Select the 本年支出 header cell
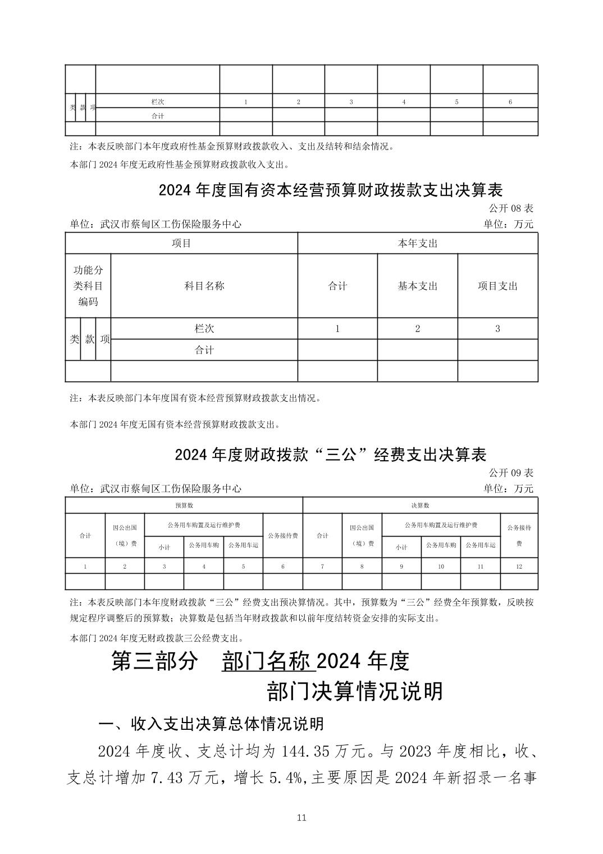tap(417, 243)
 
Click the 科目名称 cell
tap(204, 285)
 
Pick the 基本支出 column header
tap(417, 285)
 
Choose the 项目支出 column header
tap(497, 285)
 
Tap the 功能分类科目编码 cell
tap(88, 285)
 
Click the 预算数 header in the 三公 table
tap(184, 505)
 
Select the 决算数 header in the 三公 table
tap(420, 505)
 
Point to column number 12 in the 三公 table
tap(519, 566)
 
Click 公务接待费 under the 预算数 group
tap(282, 535)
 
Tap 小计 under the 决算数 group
tap(401, 546)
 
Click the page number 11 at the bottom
tap(301, 817)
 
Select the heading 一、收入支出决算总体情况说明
tap(211, 723)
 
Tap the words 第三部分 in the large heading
tap(155, 661)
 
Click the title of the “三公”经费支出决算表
tap(330, 454)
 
